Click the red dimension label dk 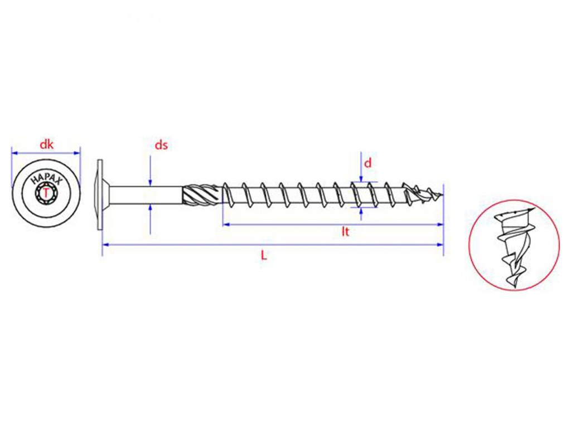click(x=46, y=144)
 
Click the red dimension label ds click(x=161, y=145)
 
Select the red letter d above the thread click(x=367, y=163)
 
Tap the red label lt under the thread click(x=346, y=231)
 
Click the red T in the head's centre click(x=46, y=193)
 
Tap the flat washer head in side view click(x=100, y=194)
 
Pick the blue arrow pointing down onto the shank click(x=150, y=182)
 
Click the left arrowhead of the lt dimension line click(x=225, y=224)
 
